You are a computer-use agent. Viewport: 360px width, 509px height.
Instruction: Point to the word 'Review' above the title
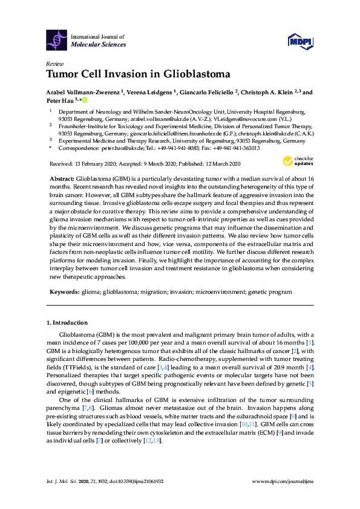click(54, 63)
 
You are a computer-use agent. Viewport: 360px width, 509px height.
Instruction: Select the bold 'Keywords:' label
click(63, 291)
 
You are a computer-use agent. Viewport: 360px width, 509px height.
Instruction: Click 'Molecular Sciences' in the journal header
click(99, 45)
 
